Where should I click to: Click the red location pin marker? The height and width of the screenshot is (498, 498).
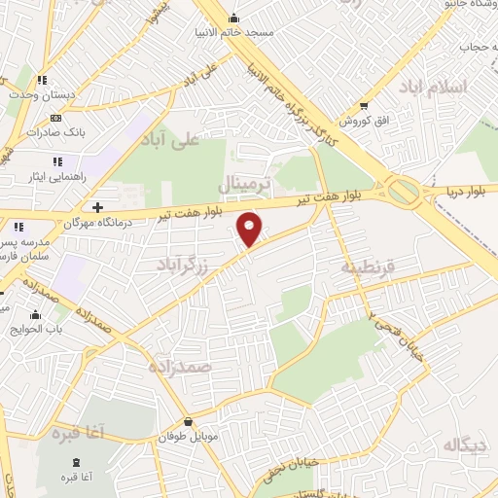251,229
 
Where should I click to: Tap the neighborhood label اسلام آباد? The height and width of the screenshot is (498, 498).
433,88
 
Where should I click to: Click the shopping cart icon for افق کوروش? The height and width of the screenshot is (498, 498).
364,105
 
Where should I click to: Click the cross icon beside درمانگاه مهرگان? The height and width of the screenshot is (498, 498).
97,207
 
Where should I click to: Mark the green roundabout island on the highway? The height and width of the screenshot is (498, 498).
404,189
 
